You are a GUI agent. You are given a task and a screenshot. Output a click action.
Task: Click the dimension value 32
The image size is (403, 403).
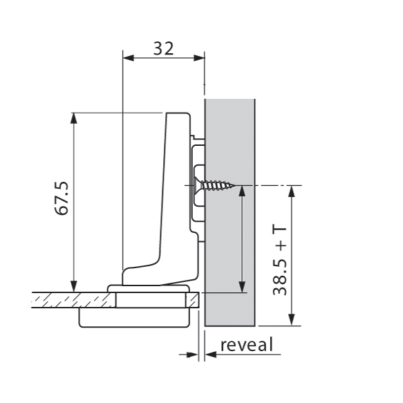[x=163, y=48]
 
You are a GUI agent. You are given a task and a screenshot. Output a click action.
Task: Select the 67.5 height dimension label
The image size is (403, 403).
[x=62, y=199]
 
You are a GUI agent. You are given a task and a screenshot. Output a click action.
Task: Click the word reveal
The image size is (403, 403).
[x=247, y=344]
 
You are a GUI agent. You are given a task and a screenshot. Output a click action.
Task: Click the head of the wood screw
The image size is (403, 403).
[x=200, y=185]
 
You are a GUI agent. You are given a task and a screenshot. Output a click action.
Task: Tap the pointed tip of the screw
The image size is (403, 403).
[x=235, y=185]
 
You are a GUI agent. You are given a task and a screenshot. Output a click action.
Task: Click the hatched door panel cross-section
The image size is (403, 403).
[x=69, y=299]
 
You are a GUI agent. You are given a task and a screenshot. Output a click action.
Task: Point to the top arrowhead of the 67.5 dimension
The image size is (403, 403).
[x=73, y=118]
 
